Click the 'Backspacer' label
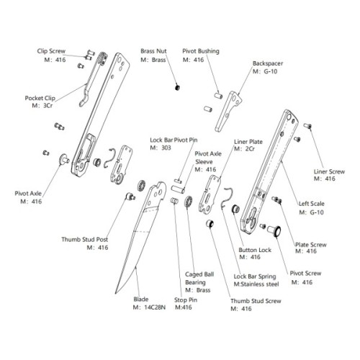coord(266,63)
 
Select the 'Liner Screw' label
coord(330,171)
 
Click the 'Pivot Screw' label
coord(305,274)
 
